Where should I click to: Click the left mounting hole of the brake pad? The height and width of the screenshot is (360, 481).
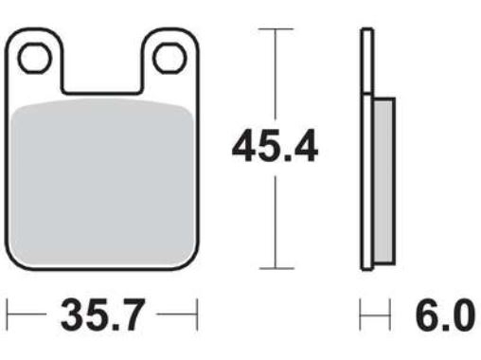(x=34, y=59)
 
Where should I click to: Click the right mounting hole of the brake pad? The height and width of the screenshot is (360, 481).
(x=169, y=59)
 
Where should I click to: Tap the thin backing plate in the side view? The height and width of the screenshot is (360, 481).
(x=366, y=152)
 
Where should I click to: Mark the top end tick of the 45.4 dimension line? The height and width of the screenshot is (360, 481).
(x=276, y=29)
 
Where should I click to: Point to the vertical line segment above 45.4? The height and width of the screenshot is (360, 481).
(x=276, y=76)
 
